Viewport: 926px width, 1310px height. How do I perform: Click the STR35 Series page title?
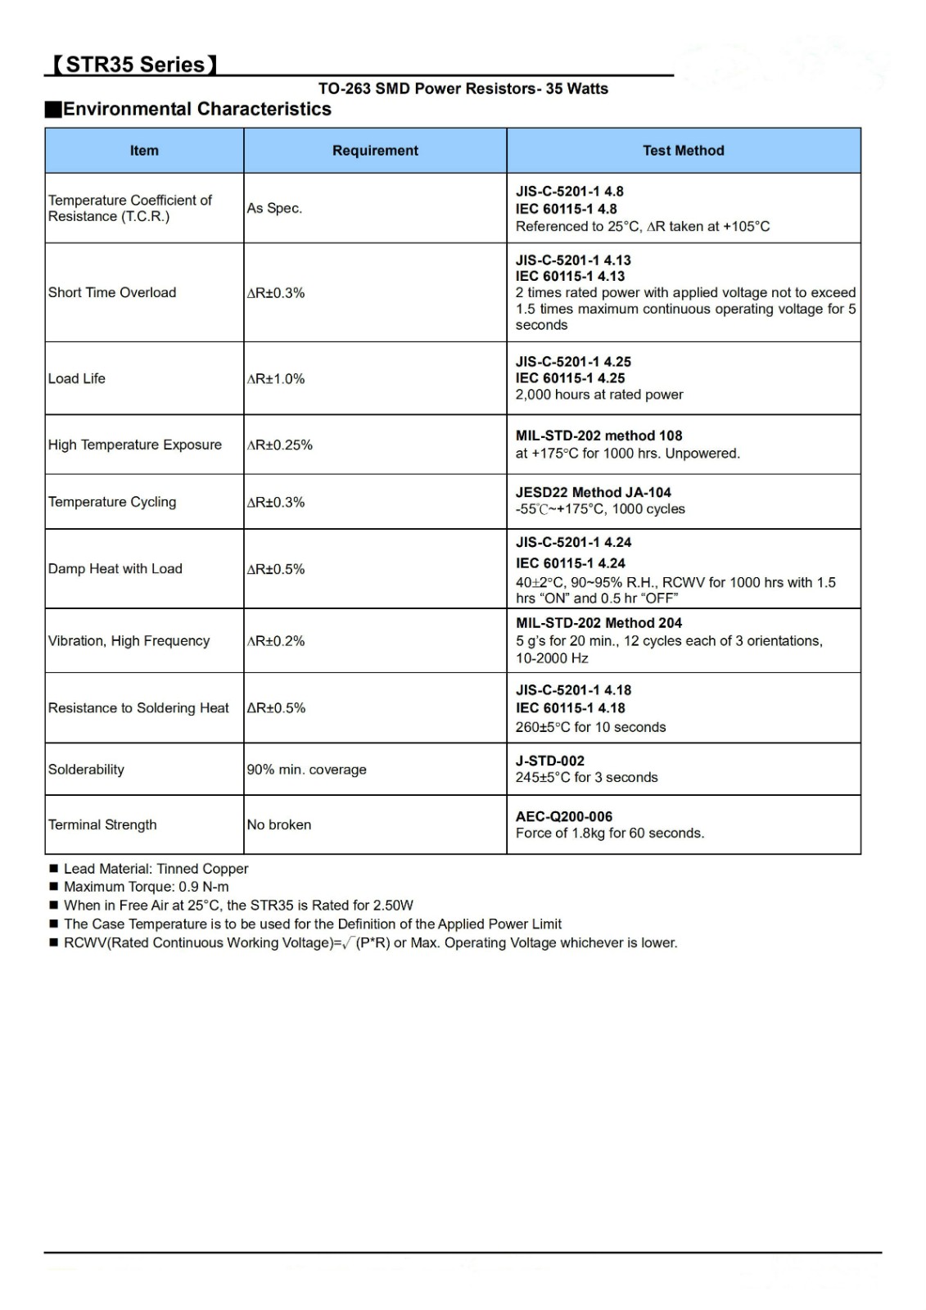(134, 65)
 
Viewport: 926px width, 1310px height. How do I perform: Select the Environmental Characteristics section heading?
(196, 109)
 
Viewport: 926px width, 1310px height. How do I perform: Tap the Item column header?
(144, 151)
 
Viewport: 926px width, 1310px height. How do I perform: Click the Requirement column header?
(375, 151)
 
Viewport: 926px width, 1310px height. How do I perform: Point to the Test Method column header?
(684, 151)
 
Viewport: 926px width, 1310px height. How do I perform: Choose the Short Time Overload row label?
(112, 292)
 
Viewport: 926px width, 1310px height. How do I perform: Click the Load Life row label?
(77, 378)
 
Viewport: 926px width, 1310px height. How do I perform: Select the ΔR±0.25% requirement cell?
(280, 445)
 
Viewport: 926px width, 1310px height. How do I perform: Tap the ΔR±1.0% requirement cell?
(276, 378)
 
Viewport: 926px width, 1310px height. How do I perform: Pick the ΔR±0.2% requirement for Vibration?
(276, 641)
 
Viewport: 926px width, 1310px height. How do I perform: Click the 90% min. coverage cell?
(307, 770)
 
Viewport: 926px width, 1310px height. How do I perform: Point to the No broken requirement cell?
(279, 824)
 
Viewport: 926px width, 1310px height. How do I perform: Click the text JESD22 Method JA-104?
(594, 492)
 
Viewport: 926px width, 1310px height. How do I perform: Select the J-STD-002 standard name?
(550, 761)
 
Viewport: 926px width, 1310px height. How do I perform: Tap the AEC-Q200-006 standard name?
(564, 816)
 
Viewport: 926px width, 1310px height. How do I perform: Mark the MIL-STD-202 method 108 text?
(599, 436)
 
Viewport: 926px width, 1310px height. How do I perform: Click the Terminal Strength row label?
(102, 824)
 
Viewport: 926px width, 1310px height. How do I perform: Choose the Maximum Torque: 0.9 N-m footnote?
(147, 887)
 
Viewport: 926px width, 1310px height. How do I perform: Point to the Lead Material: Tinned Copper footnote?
(156, 869)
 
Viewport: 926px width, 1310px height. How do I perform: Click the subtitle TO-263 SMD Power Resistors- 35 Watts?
(463, 88)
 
